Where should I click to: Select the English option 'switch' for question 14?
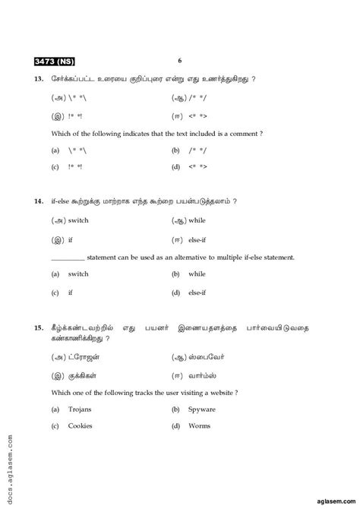click(x=78, y=273)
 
